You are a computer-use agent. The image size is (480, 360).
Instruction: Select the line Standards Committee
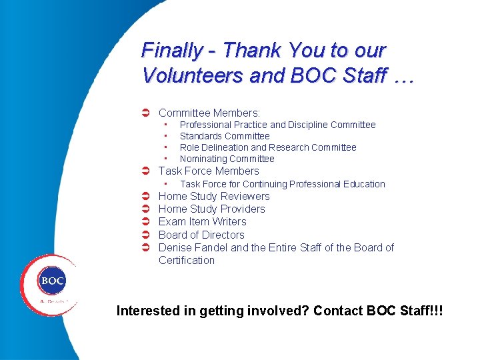coord(225,136)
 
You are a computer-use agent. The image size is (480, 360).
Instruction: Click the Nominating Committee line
coord(227,159)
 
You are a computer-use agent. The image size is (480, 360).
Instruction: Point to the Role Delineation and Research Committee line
coord(268,147)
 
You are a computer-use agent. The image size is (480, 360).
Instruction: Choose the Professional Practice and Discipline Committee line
coord(277,125)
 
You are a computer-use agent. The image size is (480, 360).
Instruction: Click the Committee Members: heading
coord(209,113)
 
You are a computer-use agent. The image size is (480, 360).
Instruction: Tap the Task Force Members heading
coord(209,171)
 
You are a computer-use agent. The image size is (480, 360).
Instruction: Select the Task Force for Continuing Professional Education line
coord(282,184)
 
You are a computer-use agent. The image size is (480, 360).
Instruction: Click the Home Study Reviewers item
coord(214,196)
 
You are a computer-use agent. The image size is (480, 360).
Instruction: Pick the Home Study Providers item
coord(211,209)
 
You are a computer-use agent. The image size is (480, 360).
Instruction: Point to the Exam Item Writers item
coord(202,221)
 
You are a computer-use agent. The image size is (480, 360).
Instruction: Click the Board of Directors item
coord(201,235)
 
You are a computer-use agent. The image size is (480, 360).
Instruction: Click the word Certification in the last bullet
coord(187,260)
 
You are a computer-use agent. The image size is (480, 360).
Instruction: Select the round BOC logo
coord(52,281)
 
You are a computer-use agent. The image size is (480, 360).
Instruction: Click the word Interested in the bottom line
coord(147,311)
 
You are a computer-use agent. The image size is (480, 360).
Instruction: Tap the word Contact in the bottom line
coord(339,311)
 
